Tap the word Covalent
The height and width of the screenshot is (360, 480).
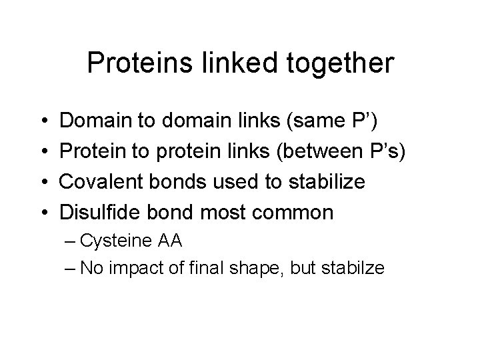[103, 183]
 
